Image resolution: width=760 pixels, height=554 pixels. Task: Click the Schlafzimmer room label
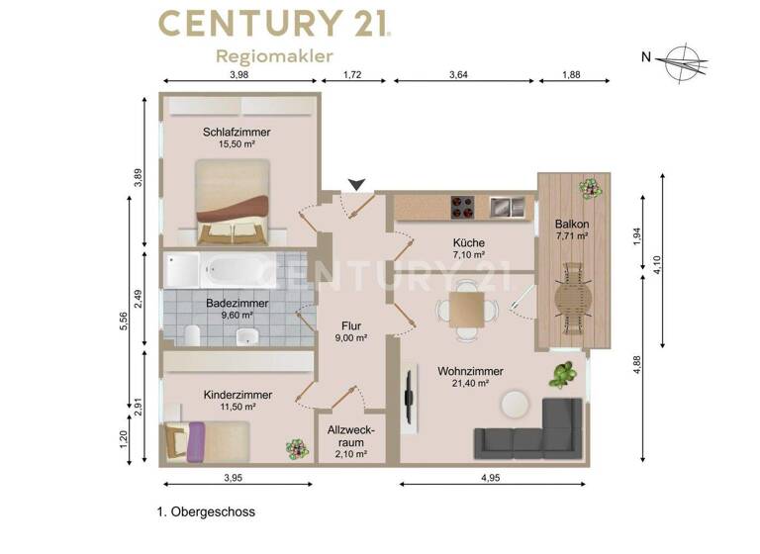pyautogui.click(x=237, y=132)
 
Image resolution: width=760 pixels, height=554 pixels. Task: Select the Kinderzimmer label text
pyautogui.click(x=237, y=394)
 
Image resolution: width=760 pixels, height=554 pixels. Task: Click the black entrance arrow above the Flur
pyautogui.click(x=357, y=184)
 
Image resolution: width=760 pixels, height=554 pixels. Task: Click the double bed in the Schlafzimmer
pyautogui.click(x=232, y=203)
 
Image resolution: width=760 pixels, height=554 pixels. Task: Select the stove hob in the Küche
pyautogui.click(x=462, y=207)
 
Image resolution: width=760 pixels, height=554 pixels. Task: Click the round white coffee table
pyautogui.click(x=516, y=405)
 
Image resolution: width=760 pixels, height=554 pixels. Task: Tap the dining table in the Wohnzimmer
pyautogui.click(x=463, y=309)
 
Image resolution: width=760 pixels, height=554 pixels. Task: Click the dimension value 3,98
pyautogui.click(x=238, y=74)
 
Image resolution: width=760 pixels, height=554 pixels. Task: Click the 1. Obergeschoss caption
pyautogui.click(x=206, y=512)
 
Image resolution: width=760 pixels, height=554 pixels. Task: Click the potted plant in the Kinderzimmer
pyautogui.click(x=294, y=449)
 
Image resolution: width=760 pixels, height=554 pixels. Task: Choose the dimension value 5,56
pyautogui.click(x=122, y=322)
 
